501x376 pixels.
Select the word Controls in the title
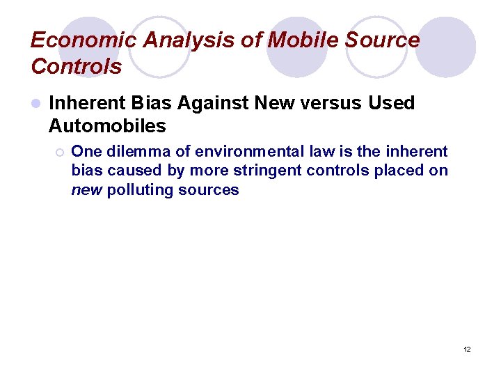[77, 67]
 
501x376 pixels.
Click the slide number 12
[467, 349]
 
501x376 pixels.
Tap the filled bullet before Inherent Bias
[35, 104]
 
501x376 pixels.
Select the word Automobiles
[107, 126]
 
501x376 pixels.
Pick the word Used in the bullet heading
[391, 103]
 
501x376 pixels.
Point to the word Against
[214, 103]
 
